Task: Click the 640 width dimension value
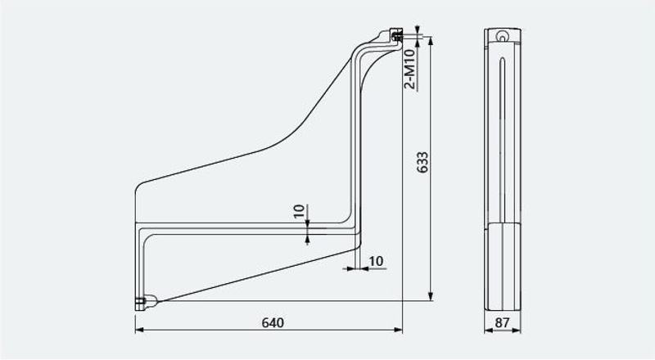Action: [273, 322]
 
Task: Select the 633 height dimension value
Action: [422, 163]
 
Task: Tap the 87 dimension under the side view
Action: [502, 322]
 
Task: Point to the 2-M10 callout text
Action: [410, 69]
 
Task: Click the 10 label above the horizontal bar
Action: [299, 211]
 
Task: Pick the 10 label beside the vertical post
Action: [376, 261]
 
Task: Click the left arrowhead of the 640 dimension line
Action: [139, 330]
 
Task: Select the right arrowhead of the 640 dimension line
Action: [398, 330]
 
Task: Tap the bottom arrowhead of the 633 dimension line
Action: [431, 296]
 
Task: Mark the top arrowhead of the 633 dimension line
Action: [431, 41]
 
